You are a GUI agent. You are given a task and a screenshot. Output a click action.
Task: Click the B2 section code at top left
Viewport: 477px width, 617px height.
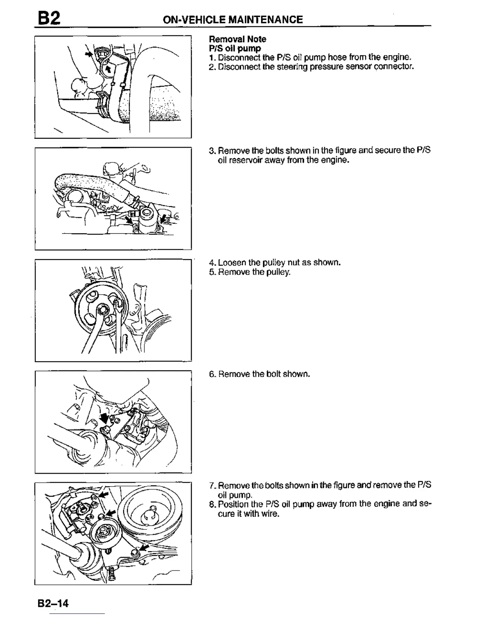coord(49,18)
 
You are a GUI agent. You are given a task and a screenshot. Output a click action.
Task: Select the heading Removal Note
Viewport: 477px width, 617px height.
coord(237,39)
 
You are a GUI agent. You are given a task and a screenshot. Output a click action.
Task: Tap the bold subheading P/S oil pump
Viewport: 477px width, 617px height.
coord(235,48)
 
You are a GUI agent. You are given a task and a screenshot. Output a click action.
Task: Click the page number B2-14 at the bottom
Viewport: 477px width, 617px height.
coord(53,603)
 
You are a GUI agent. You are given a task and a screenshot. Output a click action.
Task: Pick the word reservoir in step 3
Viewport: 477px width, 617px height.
coord(244,160)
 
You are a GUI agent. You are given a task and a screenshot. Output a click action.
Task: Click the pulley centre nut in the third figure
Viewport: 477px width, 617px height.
coord(104,310)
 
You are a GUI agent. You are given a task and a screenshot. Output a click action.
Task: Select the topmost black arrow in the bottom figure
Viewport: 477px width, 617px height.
coord(104,495)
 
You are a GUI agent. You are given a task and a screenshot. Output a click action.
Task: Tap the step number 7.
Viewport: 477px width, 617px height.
coord(212,486)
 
